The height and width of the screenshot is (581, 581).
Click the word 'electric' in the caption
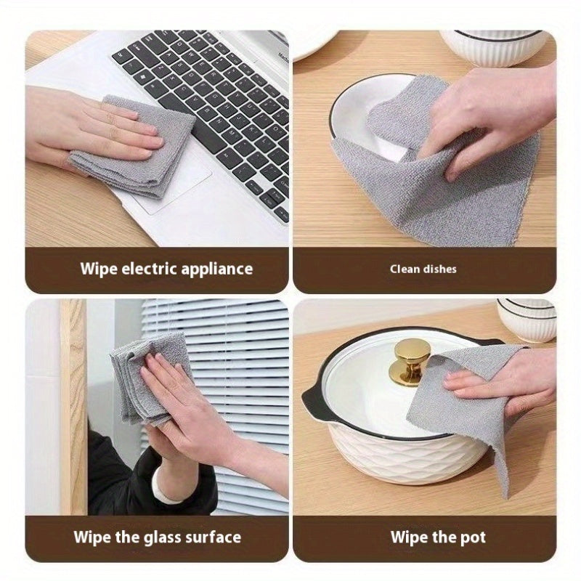click(x=147, y=269)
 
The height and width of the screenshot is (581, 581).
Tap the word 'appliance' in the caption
click(x=214, y=269)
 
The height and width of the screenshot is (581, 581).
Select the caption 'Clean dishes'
click(x=423, y=269)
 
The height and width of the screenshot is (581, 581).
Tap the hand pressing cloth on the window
click(x=182, y=407)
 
